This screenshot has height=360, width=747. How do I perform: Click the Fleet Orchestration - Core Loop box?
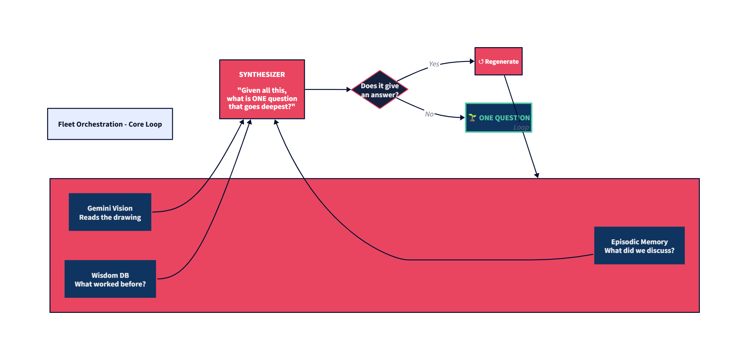tap(110, 124)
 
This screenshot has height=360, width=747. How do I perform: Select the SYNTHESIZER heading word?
tap(262, 75)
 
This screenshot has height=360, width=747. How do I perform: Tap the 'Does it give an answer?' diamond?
tap(379, 90)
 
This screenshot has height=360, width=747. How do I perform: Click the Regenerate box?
tap(498, 61)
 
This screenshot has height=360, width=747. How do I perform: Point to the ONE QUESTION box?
tap(498, 118)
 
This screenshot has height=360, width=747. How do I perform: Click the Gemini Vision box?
tap(110, 212)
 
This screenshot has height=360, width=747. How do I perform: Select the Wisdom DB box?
tap(110, 279)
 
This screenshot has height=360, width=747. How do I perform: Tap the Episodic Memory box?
tap(639, 245)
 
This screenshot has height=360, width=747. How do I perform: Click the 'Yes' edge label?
tap(434, 64)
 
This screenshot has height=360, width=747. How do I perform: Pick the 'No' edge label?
tap(429, 114)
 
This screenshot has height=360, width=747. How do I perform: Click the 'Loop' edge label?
tap(521, 127)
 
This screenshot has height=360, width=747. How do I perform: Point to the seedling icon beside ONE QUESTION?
tap(472, 118)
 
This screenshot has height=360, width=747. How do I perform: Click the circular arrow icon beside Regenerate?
tap(481, 61)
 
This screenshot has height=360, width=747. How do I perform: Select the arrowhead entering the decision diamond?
tap(349, 90)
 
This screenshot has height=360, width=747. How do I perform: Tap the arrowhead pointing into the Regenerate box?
tap(472, 61)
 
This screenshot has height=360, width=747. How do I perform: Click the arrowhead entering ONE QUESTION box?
tap(463, 118)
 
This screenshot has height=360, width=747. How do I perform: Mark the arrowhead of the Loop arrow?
tap(537, 175)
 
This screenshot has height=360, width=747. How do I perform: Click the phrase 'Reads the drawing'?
tap(110, 218)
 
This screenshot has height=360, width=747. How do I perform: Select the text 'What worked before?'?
tap(110, 284)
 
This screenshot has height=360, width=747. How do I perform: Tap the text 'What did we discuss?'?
tap(639, 251)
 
